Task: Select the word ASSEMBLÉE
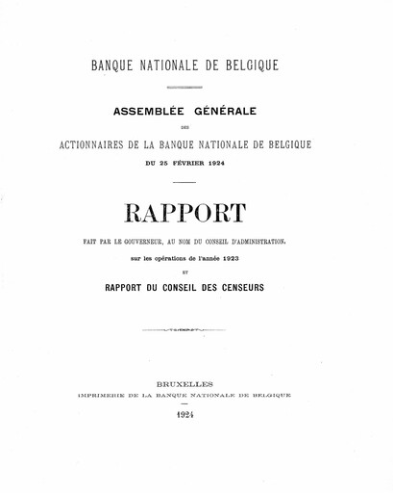pos(151,111)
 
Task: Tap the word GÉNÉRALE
pos(228,111)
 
